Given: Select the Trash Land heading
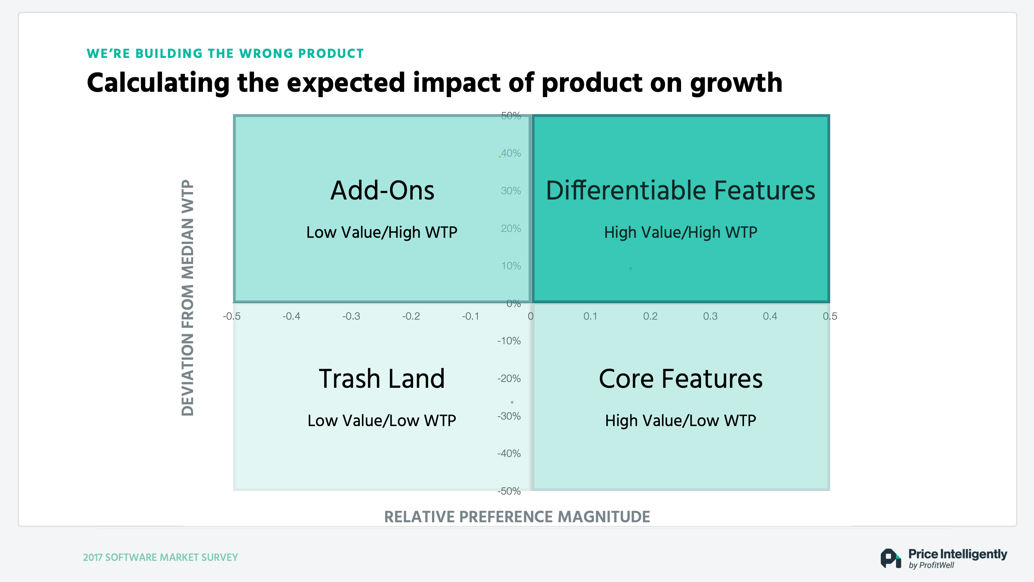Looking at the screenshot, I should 382,378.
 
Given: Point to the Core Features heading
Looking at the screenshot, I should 680,378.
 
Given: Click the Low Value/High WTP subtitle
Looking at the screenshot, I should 382,232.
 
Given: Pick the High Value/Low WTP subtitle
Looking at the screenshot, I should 680,421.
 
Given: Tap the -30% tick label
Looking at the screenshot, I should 509,416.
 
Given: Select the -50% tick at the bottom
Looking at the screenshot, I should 509,491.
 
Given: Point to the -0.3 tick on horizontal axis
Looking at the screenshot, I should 351,316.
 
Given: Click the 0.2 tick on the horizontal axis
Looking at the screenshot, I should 650,316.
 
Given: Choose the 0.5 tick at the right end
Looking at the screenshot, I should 830,316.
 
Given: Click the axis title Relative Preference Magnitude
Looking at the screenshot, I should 517,517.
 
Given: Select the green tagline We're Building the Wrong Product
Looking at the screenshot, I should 225,54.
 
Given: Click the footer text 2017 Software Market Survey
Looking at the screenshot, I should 161,557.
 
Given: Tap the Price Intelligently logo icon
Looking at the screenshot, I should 890,558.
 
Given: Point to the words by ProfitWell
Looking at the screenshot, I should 931,566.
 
